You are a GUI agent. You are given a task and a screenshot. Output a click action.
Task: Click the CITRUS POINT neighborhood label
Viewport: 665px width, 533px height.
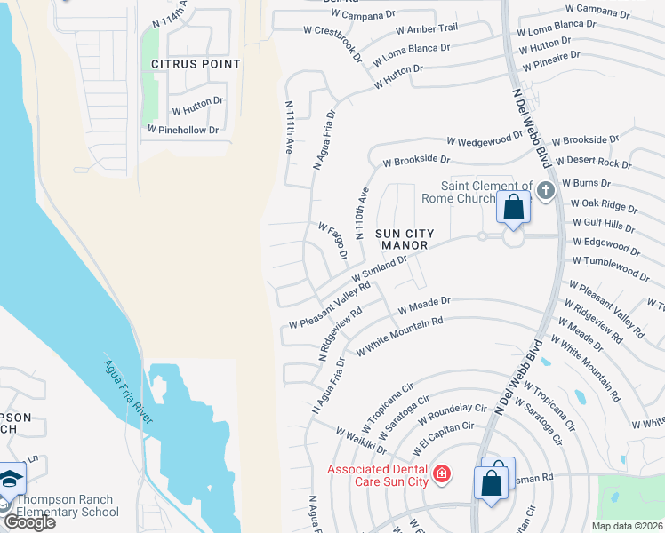196,64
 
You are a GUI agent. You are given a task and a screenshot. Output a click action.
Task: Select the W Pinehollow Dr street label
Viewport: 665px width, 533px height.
183,130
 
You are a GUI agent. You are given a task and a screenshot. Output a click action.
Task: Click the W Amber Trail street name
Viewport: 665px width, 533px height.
429,33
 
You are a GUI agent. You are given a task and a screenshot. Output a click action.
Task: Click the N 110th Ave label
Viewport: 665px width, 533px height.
362,214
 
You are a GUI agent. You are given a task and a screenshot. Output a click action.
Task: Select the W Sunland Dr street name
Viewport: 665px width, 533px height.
384,266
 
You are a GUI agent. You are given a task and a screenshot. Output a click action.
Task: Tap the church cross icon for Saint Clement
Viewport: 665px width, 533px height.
545,189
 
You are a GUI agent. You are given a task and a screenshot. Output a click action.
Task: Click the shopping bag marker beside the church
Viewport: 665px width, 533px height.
514,208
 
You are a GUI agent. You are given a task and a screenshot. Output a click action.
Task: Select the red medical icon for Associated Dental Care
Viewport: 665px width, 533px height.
440,476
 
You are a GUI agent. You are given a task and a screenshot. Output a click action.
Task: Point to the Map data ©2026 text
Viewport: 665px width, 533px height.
627,526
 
